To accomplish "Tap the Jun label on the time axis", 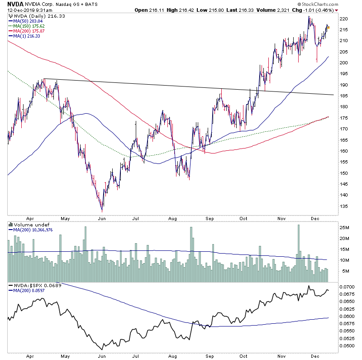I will pyautogui.click(x=102, y=218).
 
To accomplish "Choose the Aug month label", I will pyautogui.click(x=172, y=218).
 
